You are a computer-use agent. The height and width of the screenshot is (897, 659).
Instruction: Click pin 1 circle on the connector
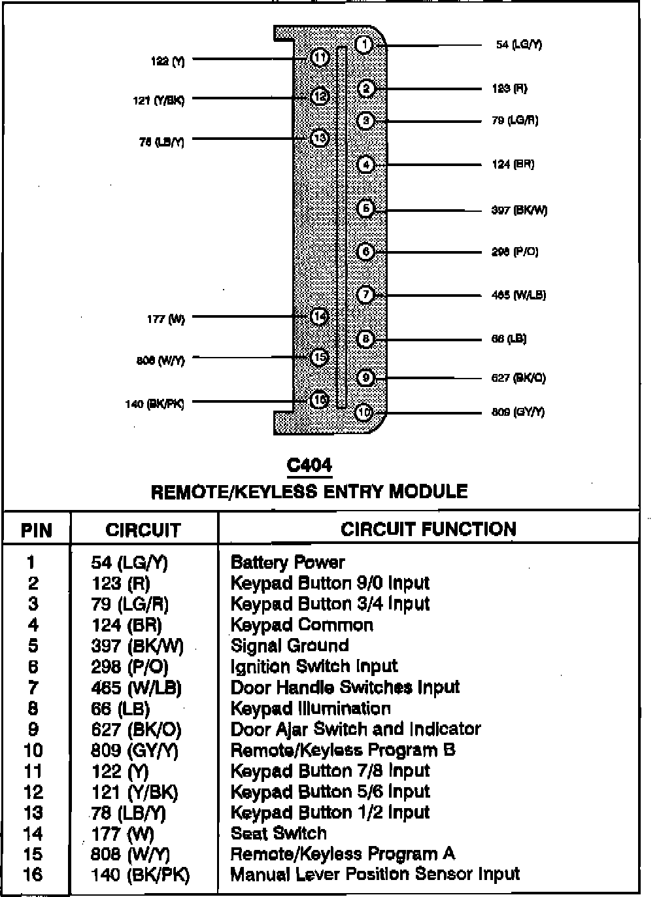coord(365,44)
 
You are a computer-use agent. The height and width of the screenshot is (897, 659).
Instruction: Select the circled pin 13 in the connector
coord(319,138)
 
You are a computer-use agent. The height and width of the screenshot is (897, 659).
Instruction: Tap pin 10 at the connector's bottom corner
coord(364,413)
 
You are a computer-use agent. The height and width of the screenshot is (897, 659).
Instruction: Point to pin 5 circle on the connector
coord(365,209)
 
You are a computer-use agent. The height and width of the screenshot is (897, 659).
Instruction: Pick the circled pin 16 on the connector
coord(319,399)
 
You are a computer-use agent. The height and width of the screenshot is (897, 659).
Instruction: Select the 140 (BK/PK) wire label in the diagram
coord(155,404)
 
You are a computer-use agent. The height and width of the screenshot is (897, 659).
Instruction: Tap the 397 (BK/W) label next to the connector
coord(519,211)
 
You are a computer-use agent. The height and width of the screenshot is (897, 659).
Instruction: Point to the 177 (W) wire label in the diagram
coord(165,319)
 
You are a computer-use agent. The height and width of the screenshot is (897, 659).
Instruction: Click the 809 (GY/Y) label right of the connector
coord(518,412)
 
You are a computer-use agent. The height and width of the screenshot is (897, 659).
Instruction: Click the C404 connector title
coord(309,466)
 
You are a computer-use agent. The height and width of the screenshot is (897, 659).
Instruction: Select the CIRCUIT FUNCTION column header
coord(428,529)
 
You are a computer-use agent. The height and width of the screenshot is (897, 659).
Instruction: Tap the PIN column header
coord(37,530)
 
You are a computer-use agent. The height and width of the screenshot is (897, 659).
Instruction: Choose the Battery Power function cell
coord(288,562)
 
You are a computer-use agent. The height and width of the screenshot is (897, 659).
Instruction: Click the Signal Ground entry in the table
coord(290,646)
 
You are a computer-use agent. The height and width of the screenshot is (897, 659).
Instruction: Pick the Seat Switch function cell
coord(279,834)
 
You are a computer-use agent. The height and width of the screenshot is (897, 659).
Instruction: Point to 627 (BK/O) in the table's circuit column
coord(136,730)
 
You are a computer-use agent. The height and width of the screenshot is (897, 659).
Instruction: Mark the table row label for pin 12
coord(33,792)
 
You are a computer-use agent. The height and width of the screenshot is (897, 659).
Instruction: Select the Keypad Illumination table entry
coord(311,709)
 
